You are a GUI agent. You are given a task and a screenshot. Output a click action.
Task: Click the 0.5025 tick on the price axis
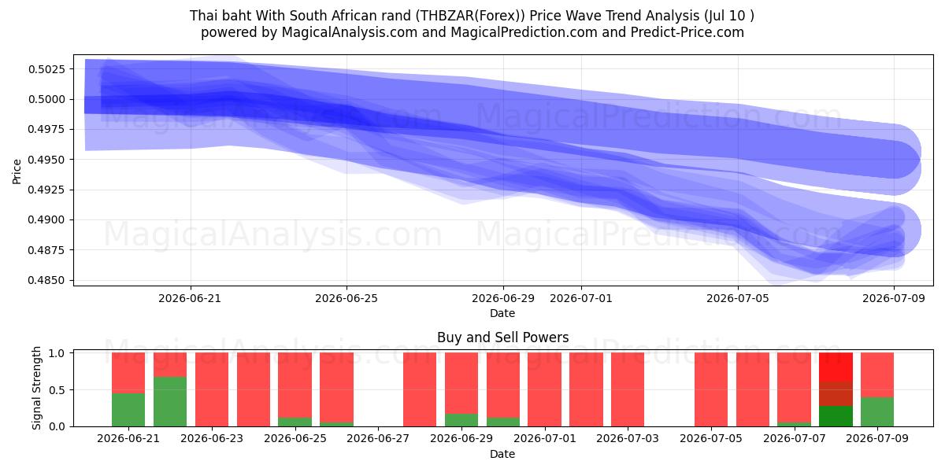46,69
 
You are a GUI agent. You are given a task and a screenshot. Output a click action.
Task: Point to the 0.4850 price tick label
46,280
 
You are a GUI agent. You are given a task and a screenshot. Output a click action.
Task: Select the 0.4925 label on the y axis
46,190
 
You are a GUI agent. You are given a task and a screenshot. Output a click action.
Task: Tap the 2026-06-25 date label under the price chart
346,298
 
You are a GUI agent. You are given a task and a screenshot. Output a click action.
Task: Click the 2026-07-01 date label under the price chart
581,298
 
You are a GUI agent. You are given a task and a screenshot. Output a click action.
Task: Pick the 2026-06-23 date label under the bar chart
212,438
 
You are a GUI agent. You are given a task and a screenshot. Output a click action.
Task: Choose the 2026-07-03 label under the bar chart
628,438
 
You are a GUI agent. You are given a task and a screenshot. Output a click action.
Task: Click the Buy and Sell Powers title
503,337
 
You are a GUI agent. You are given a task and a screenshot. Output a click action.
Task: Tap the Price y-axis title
17,171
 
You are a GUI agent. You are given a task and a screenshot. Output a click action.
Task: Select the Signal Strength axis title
37,388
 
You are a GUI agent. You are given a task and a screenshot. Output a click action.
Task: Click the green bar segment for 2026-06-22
170,402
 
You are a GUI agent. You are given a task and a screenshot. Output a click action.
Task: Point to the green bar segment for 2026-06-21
128,410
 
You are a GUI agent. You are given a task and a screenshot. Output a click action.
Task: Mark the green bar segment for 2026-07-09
877,411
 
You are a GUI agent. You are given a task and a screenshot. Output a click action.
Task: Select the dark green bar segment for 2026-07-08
836,416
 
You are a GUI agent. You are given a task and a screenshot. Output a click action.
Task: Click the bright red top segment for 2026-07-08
836,367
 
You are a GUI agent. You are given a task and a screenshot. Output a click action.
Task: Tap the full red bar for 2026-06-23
212,389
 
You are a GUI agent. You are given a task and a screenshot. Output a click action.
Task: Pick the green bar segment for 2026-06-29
461,420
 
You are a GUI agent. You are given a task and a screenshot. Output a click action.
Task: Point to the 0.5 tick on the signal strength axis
57,390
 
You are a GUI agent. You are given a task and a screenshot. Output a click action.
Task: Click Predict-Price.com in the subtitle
687,32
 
